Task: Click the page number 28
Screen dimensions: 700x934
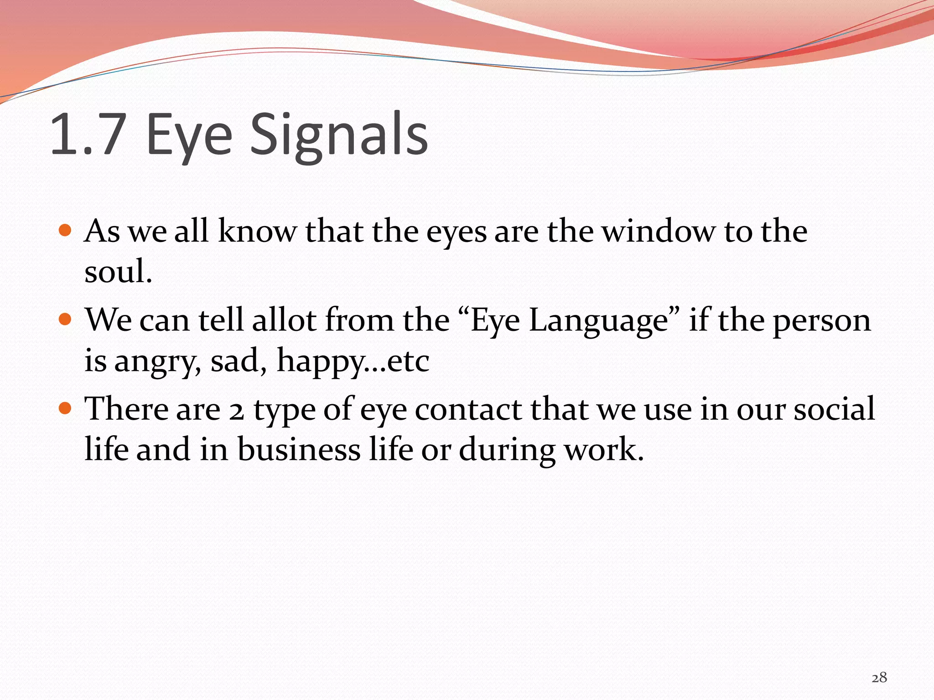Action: pyautogui.click(x=879, y=677)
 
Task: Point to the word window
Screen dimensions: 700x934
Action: pyautogui.click(x=658, y=231)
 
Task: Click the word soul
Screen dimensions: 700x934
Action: pyautogui.click(x=117, y=271)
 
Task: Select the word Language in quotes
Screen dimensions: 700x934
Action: pyautogui.click(x=598, y=320)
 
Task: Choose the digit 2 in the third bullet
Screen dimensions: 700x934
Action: pyautogui.click(x=236, y=410)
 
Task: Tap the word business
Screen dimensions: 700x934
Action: pyautogui.click(x=299, y=449)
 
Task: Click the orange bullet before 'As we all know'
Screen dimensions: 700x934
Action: pyautogui.click(x=66, y=230)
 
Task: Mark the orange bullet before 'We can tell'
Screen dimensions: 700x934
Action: pyautogui.click(x=66, y=319)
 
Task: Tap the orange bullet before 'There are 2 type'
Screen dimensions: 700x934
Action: pyautogui.click(x=66, y=407)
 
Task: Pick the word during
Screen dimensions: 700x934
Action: pyautogui.click(x=507, y=450)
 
